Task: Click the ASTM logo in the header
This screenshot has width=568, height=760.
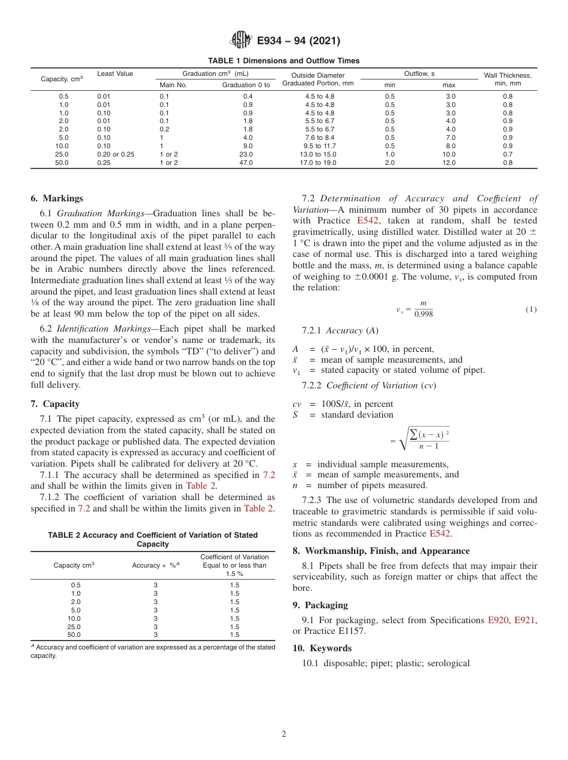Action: pos(241,41)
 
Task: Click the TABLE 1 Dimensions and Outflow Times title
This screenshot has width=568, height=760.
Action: pos(283,60)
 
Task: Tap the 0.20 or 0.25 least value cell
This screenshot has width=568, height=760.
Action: pos(115,154)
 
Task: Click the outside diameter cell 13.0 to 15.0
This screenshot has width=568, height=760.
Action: pos(320,154)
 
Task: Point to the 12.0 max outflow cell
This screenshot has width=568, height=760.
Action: pos(448,163)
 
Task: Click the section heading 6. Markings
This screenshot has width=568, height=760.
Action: pos(57,198)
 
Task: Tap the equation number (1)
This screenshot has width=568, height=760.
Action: pos(531,309)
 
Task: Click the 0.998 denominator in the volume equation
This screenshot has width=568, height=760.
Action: pos(423,314)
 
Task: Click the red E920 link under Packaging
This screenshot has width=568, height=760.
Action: pos(499,620)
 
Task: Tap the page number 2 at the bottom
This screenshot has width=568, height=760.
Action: pos(283,734)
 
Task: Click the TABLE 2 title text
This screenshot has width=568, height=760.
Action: pos(152,540)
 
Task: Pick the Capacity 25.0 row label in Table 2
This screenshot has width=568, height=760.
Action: pos(75,627)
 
